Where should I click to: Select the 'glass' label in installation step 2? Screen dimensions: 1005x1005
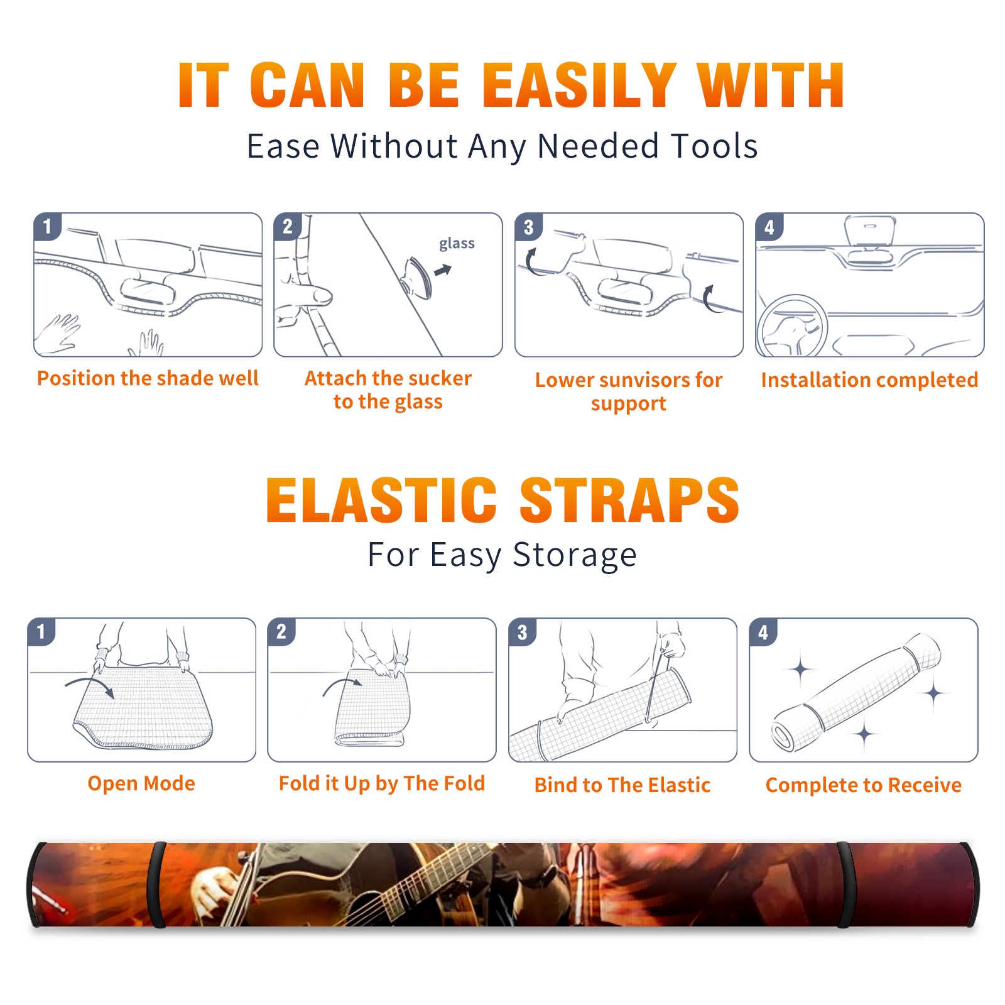click(457, 244)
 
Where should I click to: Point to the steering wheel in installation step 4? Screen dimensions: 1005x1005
click(792, 325)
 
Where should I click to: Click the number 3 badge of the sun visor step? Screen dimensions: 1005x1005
click(528, 227)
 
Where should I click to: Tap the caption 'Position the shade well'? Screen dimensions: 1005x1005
click(148, 378)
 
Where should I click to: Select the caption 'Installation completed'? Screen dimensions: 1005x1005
click(869, 379)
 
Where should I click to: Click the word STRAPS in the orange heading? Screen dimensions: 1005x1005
click(629, 500)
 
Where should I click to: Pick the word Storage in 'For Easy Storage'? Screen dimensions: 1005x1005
click(575, 555)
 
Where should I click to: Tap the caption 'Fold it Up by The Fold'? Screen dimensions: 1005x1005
click(382, 783)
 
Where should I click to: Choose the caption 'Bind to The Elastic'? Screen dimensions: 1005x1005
click(622, 785)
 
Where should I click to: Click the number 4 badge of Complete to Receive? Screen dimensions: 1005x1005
click(763, 632)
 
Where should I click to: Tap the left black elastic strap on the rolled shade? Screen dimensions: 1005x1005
click(156, 885)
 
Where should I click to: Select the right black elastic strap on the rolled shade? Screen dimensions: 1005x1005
click(846, 885)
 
